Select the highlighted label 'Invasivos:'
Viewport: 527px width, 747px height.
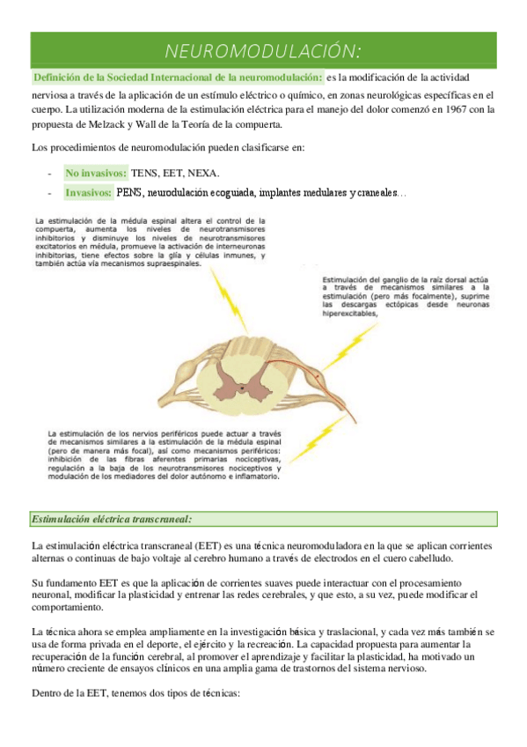[88, 192]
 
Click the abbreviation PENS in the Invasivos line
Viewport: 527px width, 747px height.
[128, 192]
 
